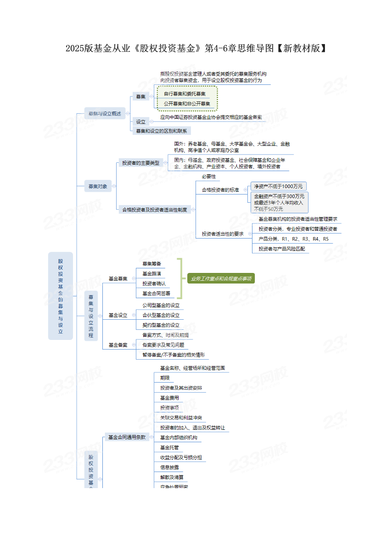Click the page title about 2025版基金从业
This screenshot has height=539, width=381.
(x=196, y=48)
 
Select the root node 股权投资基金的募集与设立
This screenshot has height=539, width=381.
(x=61, y=296)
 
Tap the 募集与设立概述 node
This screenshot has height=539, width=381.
(x=105, y=113)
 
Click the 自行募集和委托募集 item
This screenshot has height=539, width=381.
(x=185, y=94)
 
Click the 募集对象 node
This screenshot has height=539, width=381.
(x=98, y=186)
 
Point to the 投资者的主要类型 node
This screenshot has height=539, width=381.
(x=140, y=163)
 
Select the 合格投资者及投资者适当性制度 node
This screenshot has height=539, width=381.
(x=154, y=210)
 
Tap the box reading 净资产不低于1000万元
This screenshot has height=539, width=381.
(x=279, y=186)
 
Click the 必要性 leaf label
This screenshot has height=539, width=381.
(x=208, y=176)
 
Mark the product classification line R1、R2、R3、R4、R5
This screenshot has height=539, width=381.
(x=293, y=239)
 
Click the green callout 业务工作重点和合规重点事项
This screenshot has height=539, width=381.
(x=221, y=278)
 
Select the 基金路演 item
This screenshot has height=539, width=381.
(x=151, y=274)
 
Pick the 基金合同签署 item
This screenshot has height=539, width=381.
(x=156, y=294)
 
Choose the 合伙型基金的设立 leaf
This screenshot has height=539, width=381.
(x=161, y=315)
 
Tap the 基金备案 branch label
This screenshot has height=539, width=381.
(x=118, y=345)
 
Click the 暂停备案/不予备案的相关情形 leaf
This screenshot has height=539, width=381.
(x=173, y=355)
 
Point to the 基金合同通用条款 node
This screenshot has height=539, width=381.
(x=127, y=438)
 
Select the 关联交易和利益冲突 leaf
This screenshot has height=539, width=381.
(x=180, y=418)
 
